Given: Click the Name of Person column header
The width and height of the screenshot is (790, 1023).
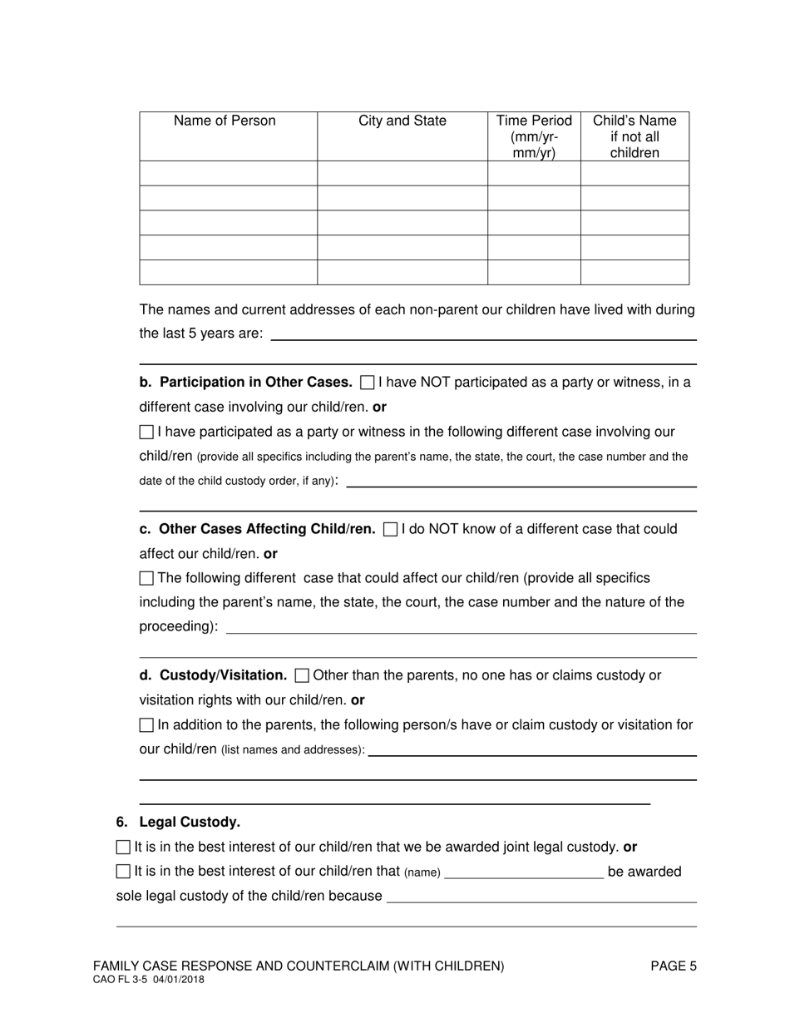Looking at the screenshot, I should [x=225, y=121].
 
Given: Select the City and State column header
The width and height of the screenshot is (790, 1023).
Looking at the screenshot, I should [x=402, y=121].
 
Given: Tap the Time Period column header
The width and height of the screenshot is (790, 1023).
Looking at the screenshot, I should [x=534, y=136].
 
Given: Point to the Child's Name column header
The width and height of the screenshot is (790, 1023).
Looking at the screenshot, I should [x=634, y=136].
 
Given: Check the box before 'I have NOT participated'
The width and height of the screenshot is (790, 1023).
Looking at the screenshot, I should [x=368, y=383].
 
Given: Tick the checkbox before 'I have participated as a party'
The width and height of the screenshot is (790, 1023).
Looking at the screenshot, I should [x=146, y=432].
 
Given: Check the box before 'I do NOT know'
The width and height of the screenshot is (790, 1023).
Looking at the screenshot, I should [x=391, y=530].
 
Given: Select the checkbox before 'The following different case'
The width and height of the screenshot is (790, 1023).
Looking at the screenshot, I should [x=146, y=578].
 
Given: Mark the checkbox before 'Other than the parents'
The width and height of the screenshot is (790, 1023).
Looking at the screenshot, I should [x=303, y=675].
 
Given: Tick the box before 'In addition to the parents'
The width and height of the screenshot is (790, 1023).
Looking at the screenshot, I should [x=146, y=725].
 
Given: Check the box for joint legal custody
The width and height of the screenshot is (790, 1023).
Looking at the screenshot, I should [x=123, y=848].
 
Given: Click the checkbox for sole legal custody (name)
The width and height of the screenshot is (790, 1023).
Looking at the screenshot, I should [x=123, y=872].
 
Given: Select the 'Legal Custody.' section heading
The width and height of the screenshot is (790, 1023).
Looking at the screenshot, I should [x=190, y=823].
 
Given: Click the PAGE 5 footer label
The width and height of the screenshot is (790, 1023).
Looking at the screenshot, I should [x=674, y=966].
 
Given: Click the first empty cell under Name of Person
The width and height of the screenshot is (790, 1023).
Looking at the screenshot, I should [x=228, y=173].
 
